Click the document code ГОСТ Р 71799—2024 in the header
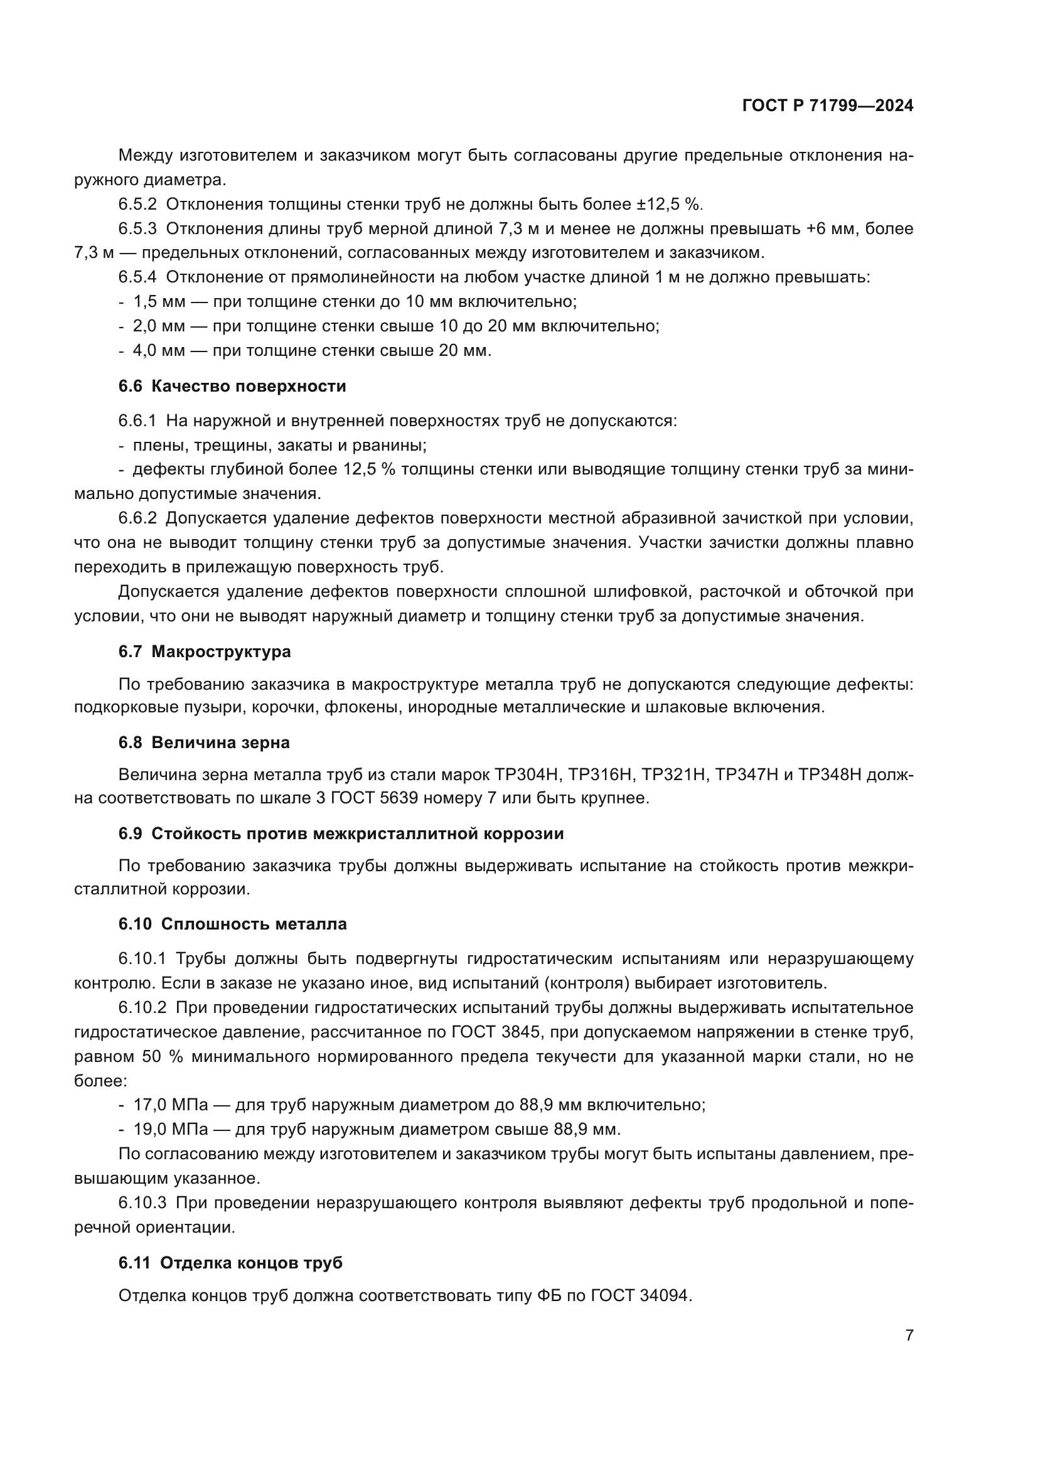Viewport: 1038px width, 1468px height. click(x=828, y=105)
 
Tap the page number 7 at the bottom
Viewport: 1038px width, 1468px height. click(x=909, y=1336)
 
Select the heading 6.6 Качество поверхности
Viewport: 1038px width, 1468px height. click(x=232, y=386)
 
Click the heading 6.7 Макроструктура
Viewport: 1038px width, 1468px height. click(x=205, y=651)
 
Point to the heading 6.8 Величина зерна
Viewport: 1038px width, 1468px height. click(x=204, y=742)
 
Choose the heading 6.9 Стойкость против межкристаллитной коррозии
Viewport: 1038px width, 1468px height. click(x=341, y=833)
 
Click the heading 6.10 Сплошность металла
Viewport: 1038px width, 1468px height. click(x=232, y=924)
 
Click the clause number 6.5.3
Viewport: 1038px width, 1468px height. click(x=137, y=229)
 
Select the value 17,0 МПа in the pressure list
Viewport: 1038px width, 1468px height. click(x=171, y=1105)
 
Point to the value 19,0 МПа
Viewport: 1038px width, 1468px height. click(x=171, y=1129)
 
